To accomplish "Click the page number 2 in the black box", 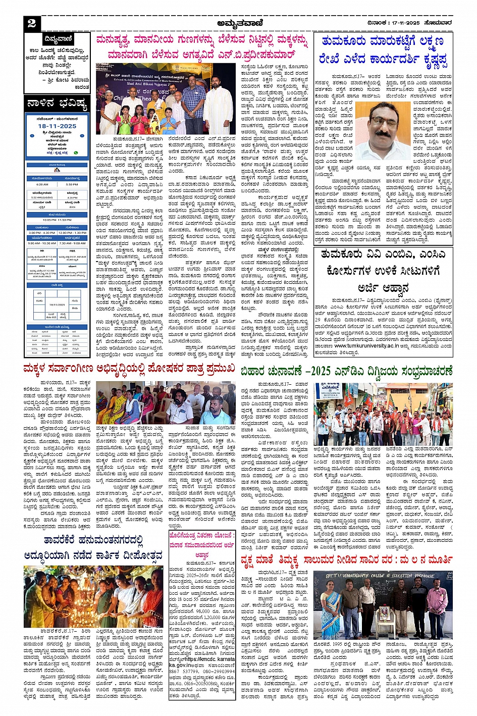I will [31, 23].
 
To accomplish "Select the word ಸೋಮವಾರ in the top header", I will [438, 23].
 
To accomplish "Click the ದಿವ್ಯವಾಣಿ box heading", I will [58, 39].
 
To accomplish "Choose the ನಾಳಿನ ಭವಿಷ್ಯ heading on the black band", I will [57, 105].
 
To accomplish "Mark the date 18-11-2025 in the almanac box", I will [57, 126].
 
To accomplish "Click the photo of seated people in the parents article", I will [166, 403].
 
